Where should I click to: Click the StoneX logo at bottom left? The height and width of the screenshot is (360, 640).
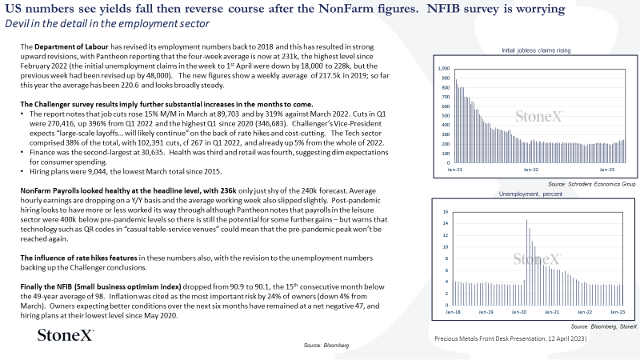pyautogui.click(x=66, y=335)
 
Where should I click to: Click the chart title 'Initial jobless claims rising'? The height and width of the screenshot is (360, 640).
pyautogui.click(x=536, y=50)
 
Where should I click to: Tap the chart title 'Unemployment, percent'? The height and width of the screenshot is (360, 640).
pyautogui.click(x=530, y=194)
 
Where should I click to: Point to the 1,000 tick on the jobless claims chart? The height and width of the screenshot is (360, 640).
pyautogui.click(x=444, y=69)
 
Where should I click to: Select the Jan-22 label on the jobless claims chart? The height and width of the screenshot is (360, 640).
pyautogui.click(x=530, y=170)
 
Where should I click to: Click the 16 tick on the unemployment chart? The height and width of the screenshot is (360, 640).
pyautogui.click(x=446, y=211)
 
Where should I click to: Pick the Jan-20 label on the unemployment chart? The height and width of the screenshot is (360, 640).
pyautogui.click(x=518, y=312)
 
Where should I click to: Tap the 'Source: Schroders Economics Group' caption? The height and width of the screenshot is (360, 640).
pyautogui.click(x=592, y=184)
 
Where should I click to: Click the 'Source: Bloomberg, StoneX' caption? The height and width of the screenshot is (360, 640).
pyautogui.click(x=604, y=326)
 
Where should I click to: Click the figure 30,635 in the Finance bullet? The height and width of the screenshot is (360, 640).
pyautogui.click(x=154, y=152)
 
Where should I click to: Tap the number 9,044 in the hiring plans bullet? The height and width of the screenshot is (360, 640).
pyautogui.click(x=97, y=171)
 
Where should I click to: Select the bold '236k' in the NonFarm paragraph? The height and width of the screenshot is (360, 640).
pyautogui.click(x=228, y=190)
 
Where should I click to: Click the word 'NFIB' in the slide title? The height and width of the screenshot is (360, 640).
pyautogui.click(x=443, y=9)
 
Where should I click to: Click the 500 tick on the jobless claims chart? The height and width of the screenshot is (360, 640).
pyautogui.click(x=446, y=115)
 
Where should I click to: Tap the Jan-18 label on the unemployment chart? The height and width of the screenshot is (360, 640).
pyautogui.click(x=453, y=312)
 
